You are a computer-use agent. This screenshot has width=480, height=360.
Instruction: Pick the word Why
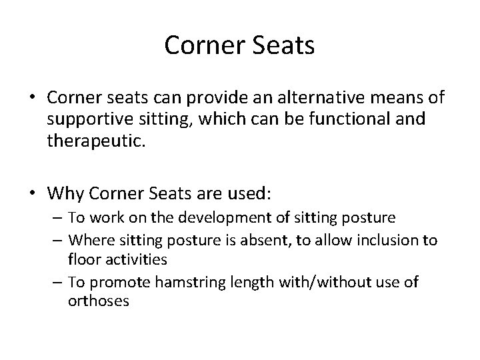tap(63, 194)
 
